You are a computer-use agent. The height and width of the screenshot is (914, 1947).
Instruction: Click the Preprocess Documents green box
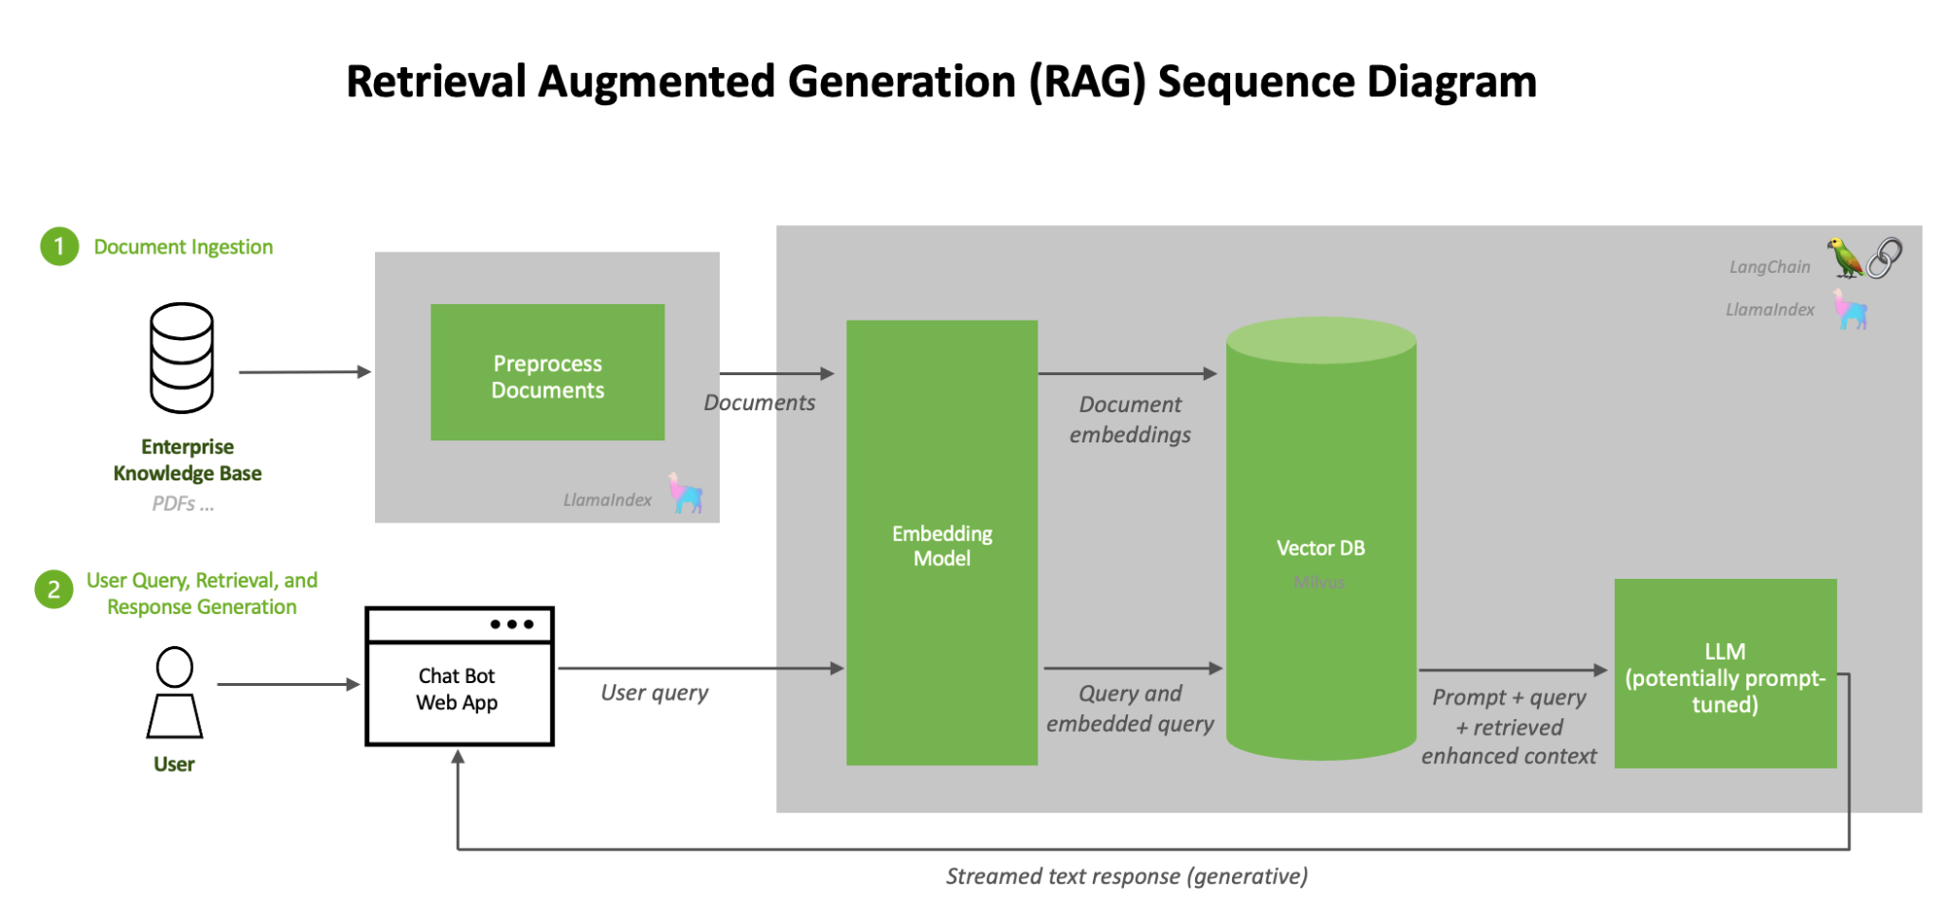[547, 373]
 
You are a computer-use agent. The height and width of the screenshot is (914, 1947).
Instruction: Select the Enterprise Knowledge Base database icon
[181, 358]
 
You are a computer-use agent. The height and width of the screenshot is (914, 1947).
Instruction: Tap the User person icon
[174, 693]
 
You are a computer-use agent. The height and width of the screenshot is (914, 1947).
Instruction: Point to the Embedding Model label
[942, 546]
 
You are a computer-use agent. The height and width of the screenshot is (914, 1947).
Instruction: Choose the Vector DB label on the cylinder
[1320, 548]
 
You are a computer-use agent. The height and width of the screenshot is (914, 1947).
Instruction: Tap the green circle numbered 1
[59, 247]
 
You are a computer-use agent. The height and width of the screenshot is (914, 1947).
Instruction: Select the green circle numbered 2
[55, 590]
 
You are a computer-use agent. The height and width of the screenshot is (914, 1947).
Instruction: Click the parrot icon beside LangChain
[1844, 257]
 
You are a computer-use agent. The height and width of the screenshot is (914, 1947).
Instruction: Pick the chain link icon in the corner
[1885, 257]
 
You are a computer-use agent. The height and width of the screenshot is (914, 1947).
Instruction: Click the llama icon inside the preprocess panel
[686, 494]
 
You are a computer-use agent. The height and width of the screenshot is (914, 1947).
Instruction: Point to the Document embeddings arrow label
[1130, 419]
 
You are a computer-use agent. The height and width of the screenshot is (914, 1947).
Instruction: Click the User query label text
[655, 693]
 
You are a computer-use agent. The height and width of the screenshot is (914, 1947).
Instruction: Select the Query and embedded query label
[1130, 708]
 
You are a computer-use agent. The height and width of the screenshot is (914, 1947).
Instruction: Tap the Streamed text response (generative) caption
[1127, 876]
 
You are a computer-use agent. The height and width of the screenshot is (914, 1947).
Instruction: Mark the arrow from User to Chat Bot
[288, 684]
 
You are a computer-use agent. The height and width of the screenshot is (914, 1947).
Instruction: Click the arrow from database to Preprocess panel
[305, 371]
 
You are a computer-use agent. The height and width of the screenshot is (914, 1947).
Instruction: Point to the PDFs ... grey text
[183, 504]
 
